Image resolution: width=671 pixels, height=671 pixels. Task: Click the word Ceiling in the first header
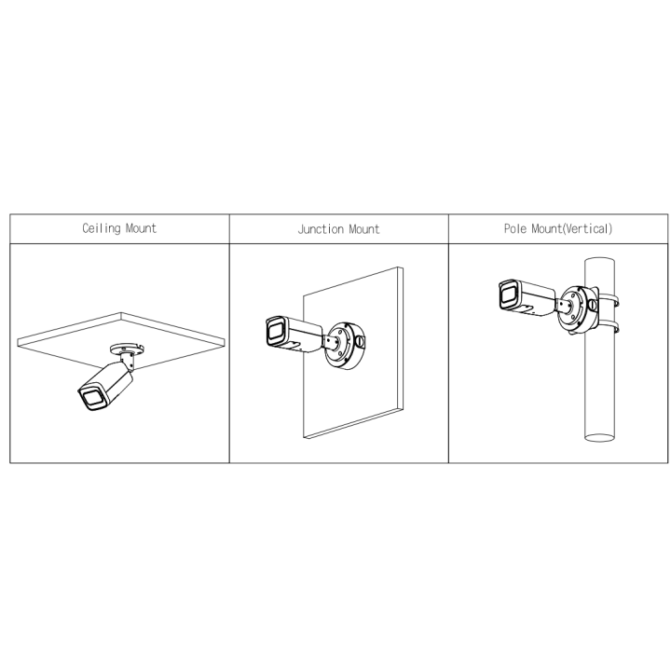102,228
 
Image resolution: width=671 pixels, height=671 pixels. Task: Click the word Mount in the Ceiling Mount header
142,228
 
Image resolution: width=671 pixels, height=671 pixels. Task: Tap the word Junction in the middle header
321,229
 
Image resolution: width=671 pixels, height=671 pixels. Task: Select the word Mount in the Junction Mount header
364,229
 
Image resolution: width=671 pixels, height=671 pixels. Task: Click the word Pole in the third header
515,228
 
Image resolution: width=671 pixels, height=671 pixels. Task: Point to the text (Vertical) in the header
586,228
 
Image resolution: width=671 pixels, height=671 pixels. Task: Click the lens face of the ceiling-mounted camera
93,398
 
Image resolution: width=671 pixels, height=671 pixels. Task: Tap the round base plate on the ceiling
127,349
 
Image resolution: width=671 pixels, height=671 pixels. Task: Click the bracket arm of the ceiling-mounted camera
129,361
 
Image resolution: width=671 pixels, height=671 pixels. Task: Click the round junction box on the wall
345,346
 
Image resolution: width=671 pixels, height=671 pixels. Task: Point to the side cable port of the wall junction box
361,341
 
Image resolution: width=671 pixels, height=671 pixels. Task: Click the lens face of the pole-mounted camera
509,294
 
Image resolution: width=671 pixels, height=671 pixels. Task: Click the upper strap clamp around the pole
609,300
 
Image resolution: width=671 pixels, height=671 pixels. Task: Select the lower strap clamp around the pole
609,327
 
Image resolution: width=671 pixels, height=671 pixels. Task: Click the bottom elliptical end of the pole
599,437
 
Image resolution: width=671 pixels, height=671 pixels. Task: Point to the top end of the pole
599,261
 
